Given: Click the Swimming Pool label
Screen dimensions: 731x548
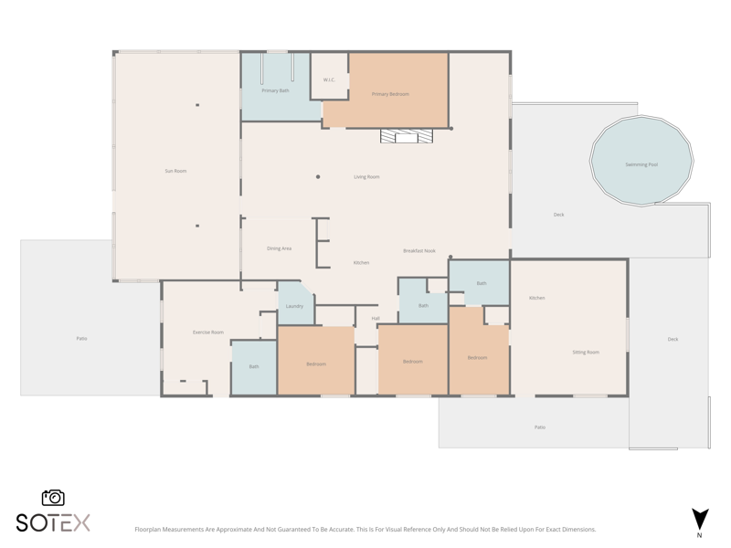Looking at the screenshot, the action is point(641,164).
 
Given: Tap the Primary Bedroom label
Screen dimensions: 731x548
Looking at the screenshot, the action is point(390,94).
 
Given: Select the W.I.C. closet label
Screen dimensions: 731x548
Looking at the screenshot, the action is point(329,79).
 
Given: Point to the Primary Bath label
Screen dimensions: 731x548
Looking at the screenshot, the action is point(275,90).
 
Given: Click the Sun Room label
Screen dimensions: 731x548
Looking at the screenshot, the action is point(175,171).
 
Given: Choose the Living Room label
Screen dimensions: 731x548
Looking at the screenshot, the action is point(366,177).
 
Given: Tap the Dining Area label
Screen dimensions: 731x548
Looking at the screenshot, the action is point(279,248).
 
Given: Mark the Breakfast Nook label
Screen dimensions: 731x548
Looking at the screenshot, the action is point(419,250).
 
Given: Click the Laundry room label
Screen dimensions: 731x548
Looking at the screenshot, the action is point(294,306).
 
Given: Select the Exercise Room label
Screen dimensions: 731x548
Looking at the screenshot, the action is point(208,332).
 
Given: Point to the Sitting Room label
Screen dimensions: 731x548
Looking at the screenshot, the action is point(586,353).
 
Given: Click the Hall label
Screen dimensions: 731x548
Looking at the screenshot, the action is point(376,318).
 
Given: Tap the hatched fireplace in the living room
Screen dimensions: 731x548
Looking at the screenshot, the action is point(407,136).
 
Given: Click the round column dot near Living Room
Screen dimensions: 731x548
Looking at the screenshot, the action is point(318,177).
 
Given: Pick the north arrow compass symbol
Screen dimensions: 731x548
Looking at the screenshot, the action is point(700,519).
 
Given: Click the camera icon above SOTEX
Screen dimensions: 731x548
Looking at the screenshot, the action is point(53,498).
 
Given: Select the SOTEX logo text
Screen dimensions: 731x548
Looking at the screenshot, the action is point(53,522).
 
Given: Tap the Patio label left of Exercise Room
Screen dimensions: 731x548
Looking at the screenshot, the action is point(81,338).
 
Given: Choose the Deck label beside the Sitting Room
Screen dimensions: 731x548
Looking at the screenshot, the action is point(673,339).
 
